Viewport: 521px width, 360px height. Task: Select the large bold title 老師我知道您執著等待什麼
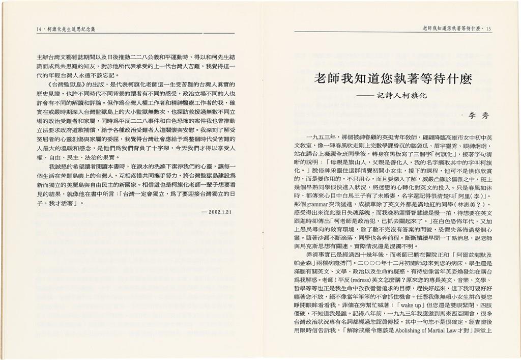(393, 79)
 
